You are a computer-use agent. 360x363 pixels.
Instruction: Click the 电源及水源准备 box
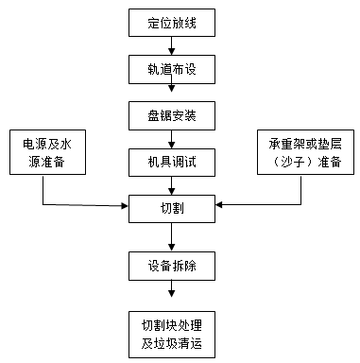click(45, 153)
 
